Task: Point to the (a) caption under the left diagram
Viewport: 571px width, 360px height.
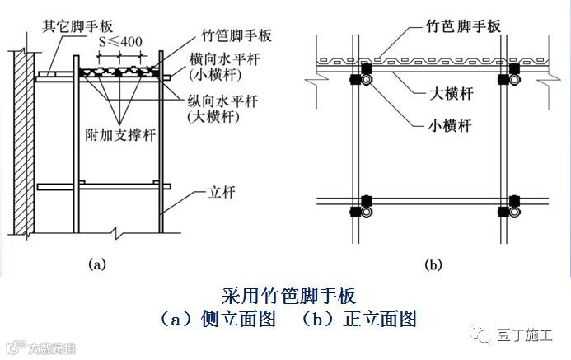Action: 97,264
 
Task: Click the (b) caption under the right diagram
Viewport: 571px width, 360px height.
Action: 434,264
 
